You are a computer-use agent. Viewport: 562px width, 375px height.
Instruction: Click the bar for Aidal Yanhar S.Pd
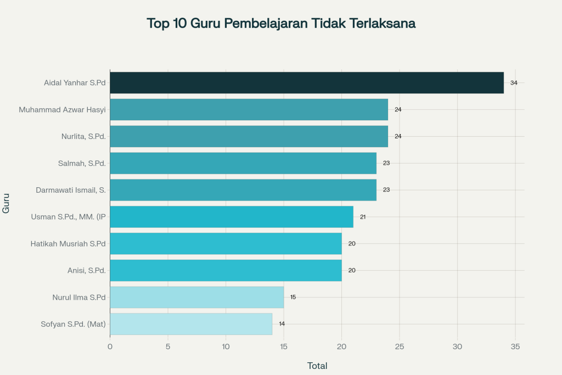click(307, 83)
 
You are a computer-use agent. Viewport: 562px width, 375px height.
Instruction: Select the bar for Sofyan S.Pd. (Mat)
click(191, 324)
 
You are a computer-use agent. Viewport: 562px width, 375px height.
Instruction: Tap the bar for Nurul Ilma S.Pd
click(196, 297)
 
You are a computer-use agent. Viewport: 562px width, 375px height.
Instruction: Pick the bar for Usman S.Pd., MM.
click(232, 217)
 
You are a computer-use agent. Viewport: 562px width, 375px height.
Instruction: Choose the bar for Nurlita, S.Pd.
click(249, 136)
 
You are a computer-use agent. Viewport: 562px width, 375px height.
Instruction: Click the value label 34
click(514, 83)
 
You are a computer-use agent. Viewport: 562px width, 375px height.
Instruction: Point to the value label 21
click(363, 217)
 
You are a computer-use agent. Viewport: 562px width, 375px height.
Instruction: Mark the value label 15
click(293, 297)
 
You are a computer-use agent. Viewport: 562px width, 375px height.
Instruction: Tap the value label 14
click(282, 324)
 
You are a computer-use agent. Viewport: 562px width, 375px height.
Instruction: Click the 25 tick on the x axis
click(400, 347)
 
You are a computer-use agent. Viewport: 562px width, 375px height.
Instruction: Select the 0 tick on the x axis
click(110, 347)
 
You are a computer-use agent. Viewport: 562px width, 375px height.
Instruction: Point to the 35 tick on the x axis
click(515, 347)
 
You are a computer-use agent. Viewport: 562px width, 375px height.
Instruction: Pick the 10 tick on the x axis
click(226, 347)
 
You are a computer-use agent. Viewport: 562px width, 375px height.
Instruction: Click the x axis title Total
click(317, 366)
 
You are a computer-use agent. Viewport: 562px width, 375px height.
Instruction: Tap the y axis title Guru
click(6, 203)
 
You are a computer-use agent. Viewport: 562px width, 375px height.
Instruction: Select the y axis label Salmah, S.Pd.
click(82, 163)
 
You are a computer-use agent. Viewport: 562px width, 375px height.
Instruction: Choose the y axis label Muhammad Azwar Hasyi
click(62, 110)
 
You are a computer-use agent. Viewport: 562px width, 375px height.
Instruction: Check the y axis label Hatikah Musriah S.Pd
click(68, 243)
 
